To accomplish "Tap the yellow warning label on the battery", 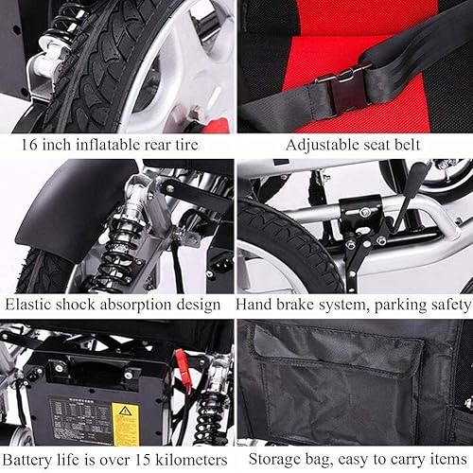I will coord(125,417).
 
